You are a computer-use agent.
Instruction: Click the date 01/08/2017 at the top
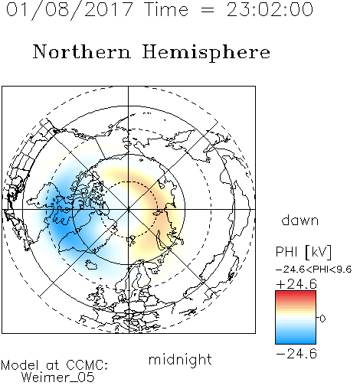70,10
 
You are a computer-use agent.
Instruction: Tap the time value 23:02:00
270,9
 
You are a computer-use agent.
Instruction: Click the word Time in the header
166,9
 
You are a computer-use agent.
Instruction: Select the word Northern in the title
82,51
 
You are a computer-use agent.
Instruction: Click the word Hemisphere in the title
206,53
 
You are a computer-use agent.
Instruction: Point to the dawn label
300,220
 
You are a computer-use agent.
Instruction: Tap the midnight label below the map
180,359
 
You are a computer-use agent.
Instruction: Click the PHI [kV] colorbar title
303,252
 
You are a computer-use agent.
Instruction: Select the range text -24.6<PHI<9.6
314,270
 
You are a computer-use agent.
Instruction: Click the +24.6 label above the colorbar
296,284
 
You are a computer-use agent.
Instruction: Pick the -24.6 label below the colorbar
296,354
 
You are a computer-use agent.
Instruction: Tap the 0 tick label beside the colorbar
322,319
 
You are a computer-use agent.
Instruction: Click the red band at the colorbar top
296,294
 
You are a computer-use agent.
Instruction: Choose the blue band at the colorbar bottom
296,341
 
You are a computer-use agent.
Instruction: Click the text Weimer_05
58,378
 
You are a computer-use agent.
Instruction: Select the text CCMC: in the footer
87,365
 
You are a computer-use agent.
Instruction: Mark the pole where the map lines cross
129,209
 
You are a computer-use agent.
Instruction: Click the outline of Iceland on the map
91,265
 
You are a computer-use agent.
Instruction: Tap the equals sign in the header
207,10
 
